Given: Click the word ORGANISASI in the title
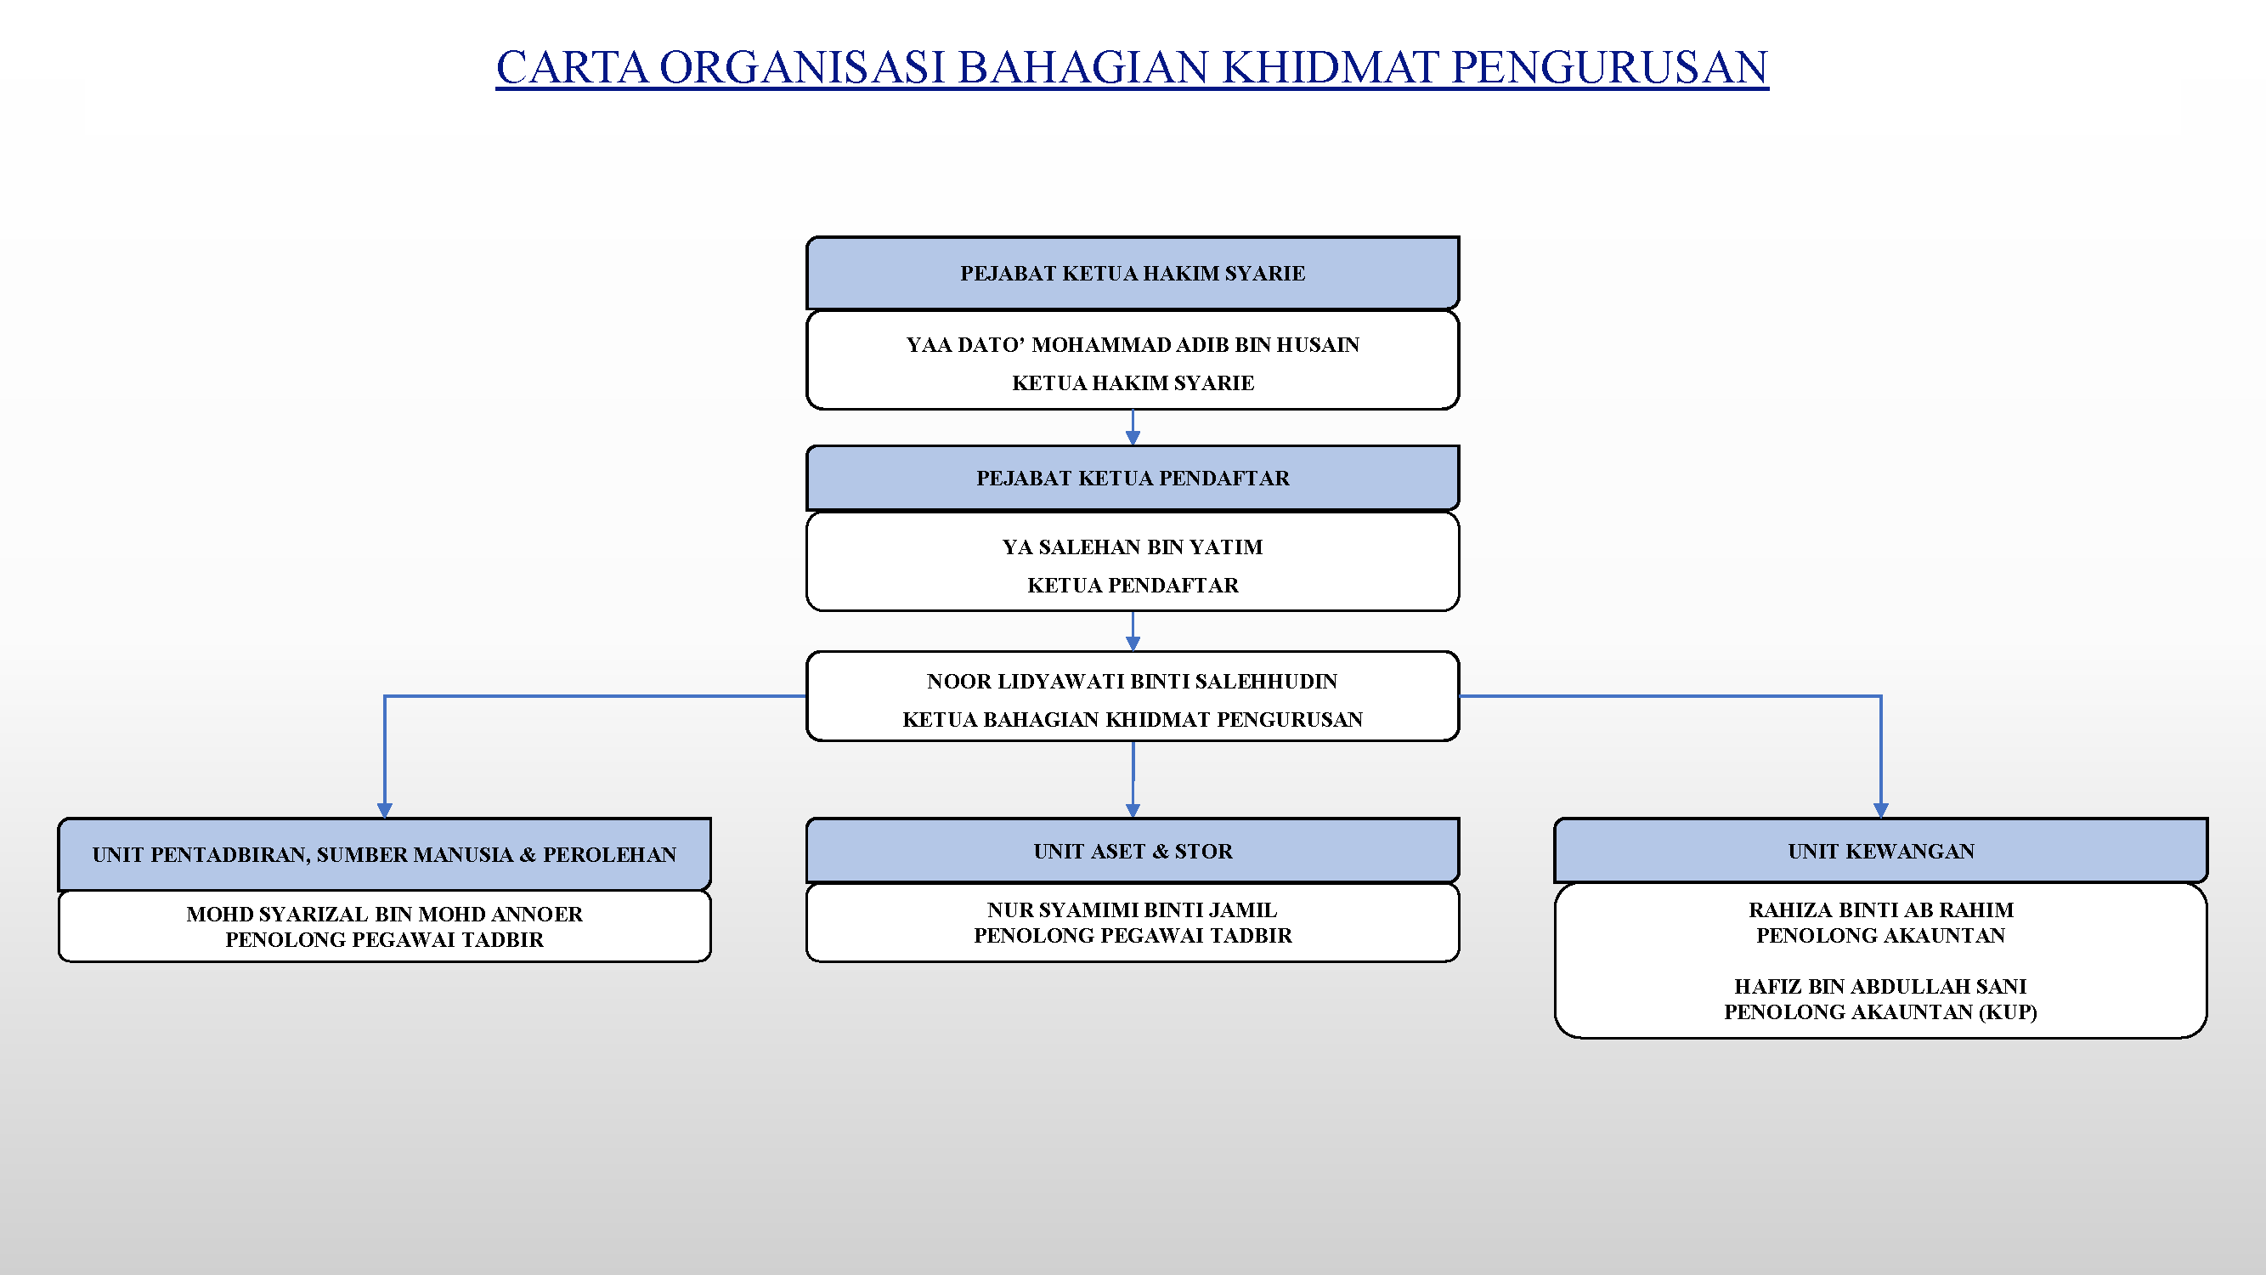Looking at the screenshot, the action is click(x=800, y=67).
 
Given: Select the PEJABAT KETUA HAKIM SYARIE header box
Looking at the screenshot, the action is click(x=1133, y=273).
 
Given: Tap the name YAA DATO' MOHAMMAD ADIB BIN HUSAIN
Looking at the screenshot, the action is click(x=1133, y=344).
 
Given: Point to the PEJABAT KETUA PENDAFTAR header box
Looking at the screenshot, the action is click(x=1133, y=478).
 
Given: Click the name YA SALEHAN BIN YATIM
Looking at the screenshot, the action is click(x=1133, y=547).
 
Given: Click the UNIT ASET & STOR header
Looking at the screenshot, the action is click(x=1133, y=851).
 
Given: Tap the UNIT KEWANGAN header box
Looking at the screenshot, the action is click(x=1881, y=851).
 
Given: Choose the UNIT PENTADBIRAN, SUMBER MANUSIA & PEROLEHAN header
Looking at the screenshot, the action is click(x=384, y=854).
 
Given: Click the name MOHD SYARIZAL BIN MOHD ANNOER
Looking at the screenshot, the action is click(x=384, y=915).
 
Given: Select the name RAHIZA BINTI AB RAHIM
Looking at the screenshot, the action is click(x=1881, y=909).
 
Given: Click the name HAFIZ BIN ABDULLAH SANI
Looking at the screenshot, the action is click(x=1881, y=986).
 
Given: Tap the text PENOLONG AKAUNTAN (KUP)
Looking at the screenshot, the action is click(x=1881, y=1011).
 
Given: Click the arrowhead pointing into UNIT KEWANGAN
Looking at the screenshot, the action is click(x=1881, y=810).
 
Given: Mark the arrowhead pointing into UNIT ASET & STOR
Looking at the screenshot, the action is click(x=1133, y=810).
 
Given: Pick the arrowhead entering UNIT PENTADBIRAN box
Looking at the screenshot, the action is click(x=384, y=810).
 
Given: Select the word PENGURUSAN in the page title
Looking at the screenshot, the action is click(x=1610, y=67).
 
